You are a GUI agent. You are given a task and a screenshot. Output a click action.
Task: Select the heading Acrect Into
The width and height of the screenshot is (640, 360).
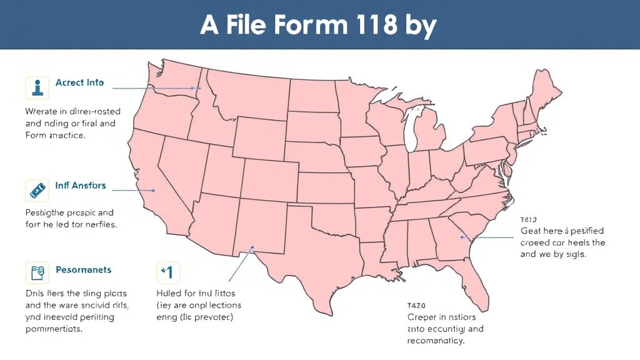coord(79,82)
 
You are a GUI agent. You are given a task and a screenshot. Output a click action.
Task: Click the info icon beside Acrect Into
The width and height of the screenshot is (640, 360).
coord(37,87)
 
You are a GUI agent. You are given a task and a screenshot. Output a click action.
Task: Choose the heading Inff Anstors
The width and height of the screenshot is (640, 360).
coord(81,186)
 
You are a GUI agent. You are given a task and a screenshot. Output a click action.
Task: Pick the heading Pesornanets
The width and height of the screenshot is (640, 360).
coord(84,270)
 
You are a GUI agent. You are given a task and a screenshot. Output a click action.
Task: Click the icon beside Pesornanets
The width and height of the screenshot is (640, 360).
coord(37,274)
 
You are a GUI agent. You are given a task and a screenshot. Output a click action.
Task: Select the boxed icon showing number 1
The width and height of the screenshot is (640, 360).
coord(167,273)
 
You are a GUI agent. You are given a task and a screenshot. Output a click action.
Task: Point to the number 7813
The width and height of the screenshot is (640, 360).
coord(529,220)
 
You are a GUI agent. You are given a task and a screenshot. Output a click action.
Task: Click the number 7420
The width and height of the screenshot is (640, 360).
coord(416,306)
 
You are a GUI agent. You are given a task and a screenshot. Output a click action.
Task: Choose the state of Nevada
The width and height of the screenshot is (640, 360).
coord(177,172)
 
